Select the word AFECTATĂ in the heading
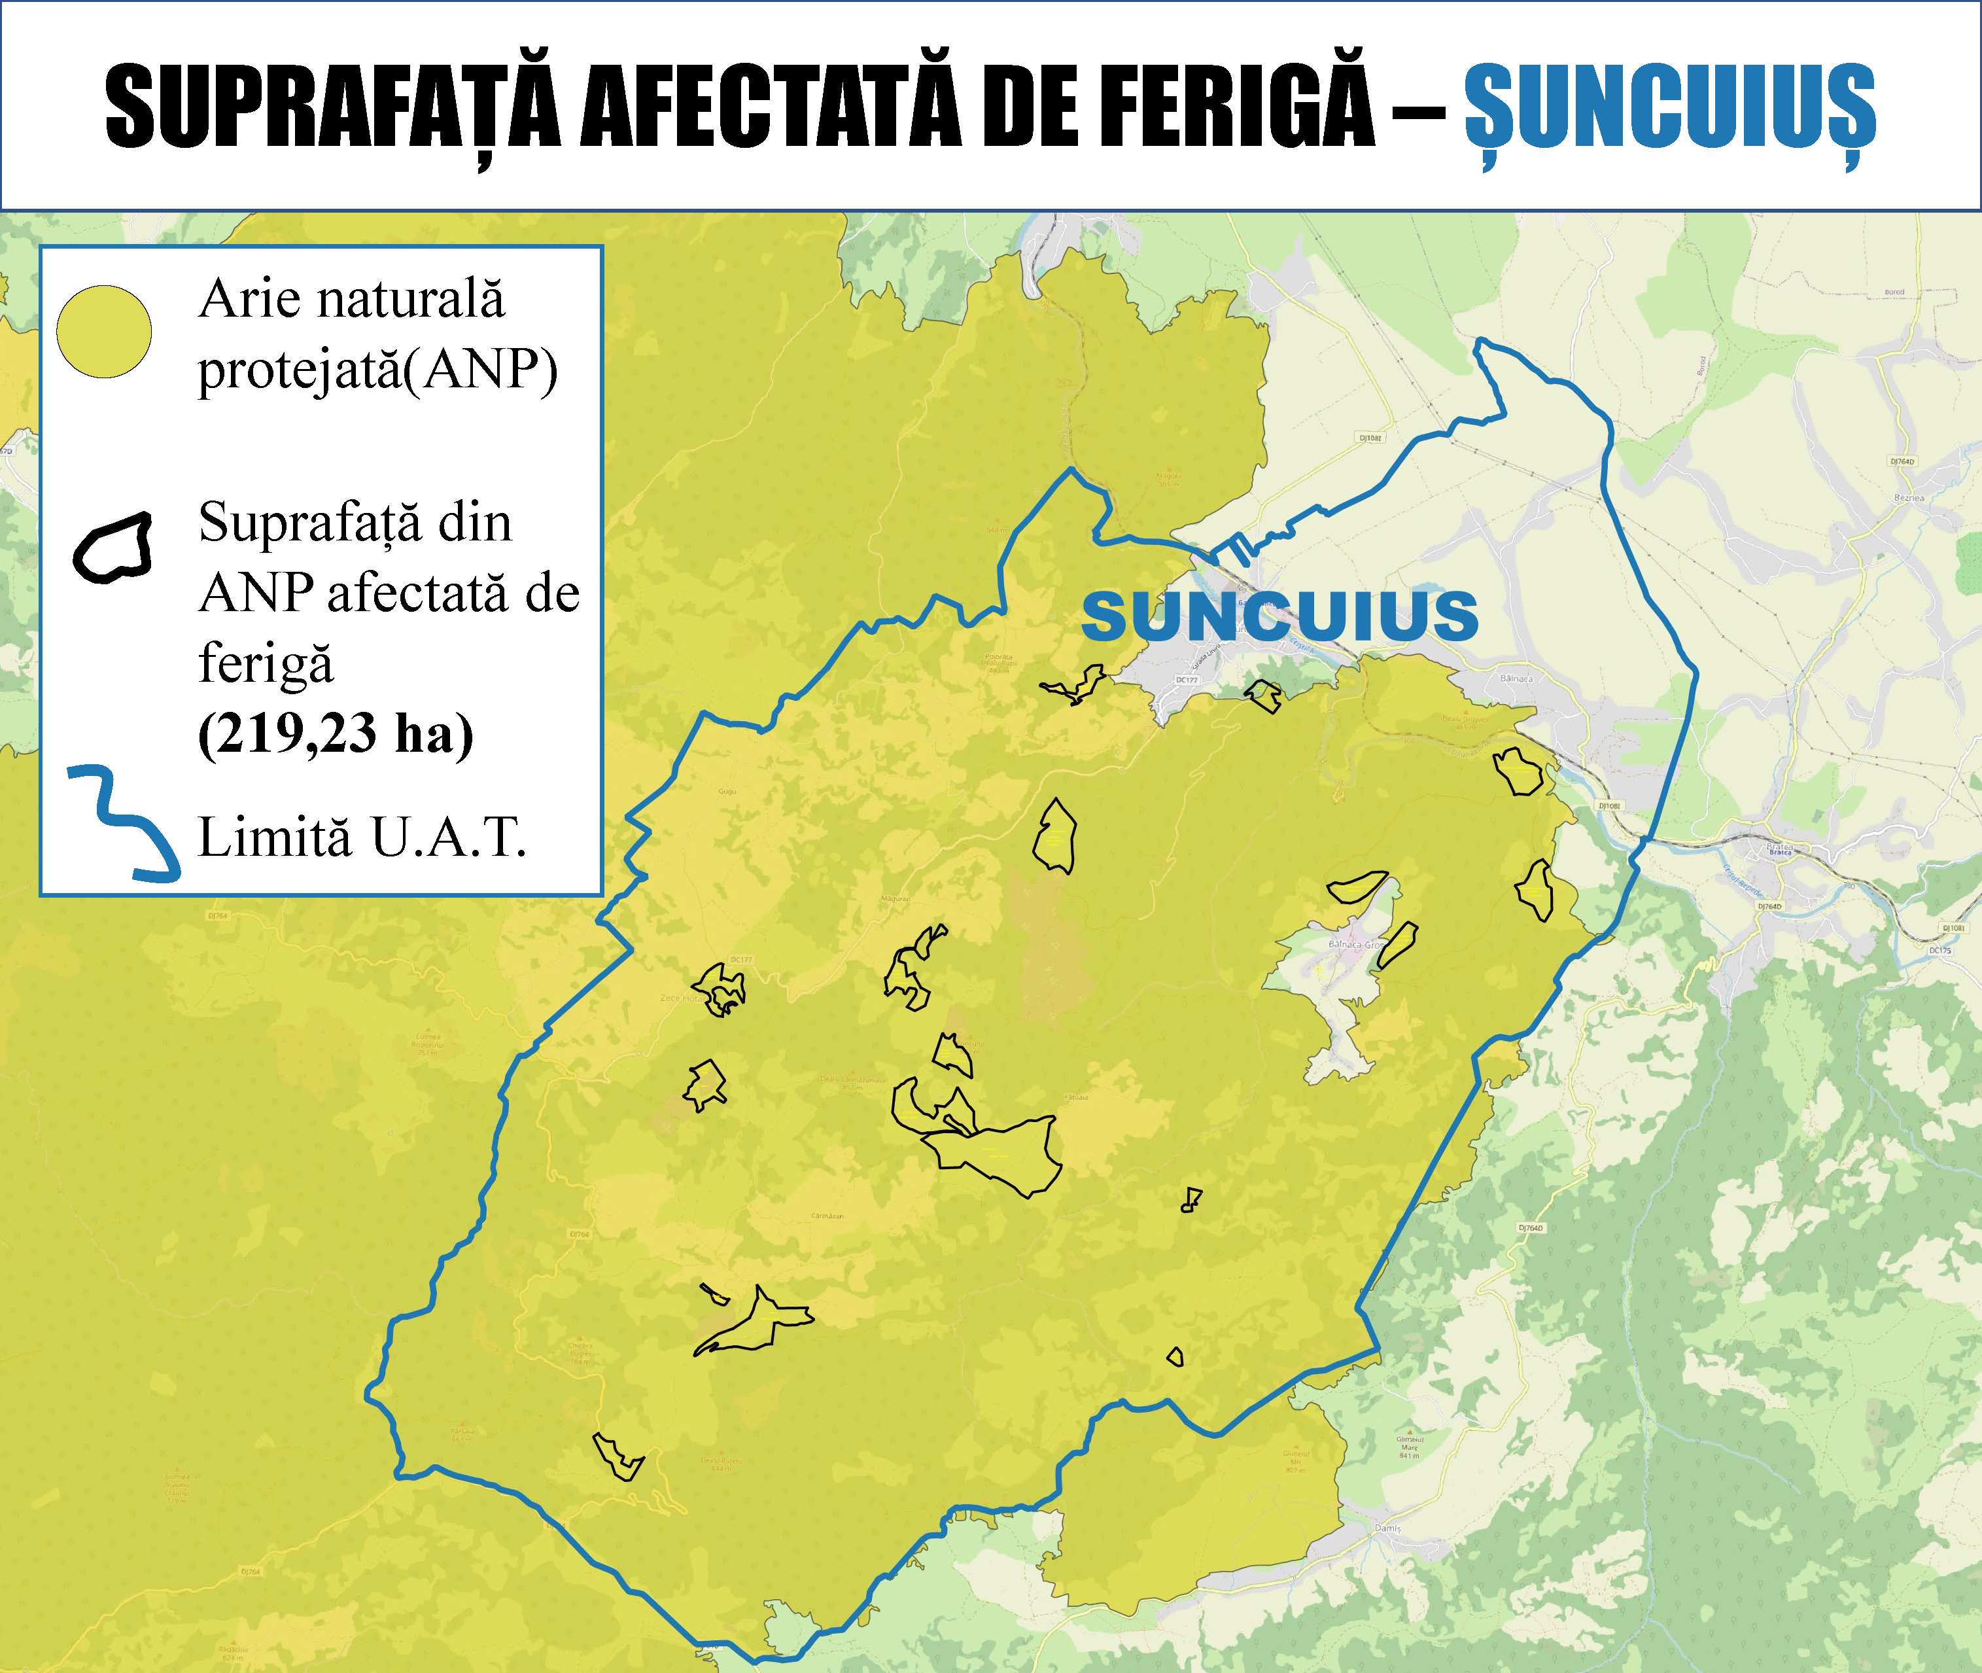click(x=770, y=106)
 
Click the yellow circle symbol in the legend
click(x=104, y=332)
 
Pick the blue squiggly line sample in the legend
click(x=123, y=823)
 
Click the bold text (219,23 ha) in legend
click(x=335, y=733)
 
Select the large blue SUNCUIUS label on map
click(x=1279, y=616)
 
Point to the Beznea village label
click(x=1908, y=497)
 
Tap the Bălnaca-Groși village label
click(x=1356, y=945)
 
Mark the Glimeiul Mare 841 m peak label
click(x=1409, y=1447)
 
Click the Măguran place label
click(x=895, y=898)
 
